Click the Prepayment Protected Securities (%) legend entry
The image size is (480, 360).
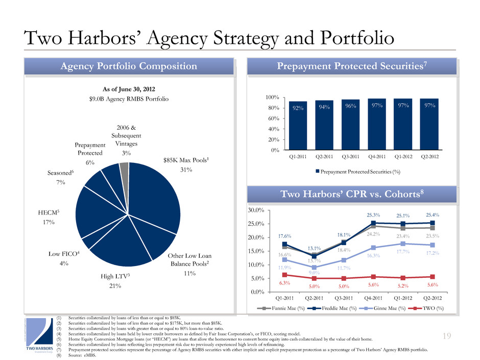[357, 172]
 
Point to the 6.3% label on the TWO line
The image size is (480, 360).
[284, 282]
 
